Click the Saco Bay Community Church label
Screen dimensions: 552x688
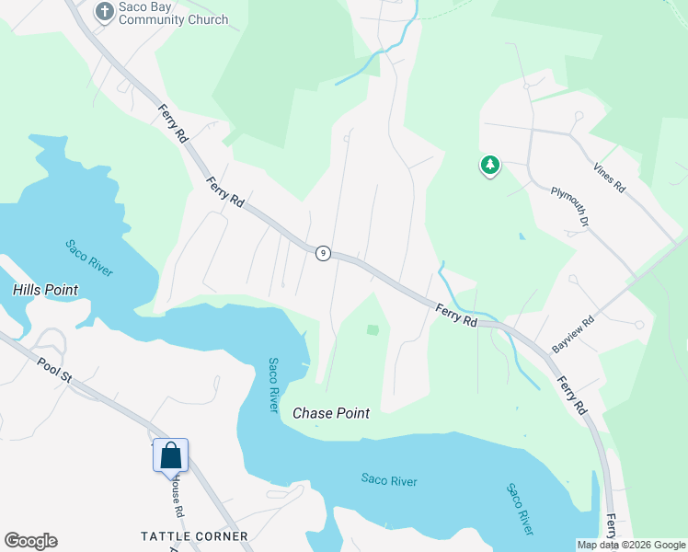coord(173,13)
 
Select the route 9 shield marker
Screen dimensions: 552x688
coord(323,253)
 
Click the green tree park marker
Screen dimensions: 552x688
coord(489,166)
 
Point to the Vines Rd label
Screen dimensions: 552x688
coord(609,177)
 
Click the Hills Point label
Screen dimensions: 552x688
coord(45,290)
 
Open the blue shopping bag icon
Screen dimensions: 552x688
coord(171,455)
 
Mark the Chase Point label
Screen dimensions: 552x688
coord(331,413)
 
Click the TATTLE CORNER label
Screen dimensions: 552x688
coord(194,535)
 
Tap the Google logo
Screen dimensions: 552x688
coord(30,541)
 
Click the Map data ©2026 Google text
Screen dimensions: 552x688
coord(631,545)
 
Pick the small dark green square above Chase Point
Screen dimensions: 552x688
coord(373,329)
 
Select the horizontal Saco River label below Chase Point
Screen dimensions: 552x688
coord(389,480)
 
